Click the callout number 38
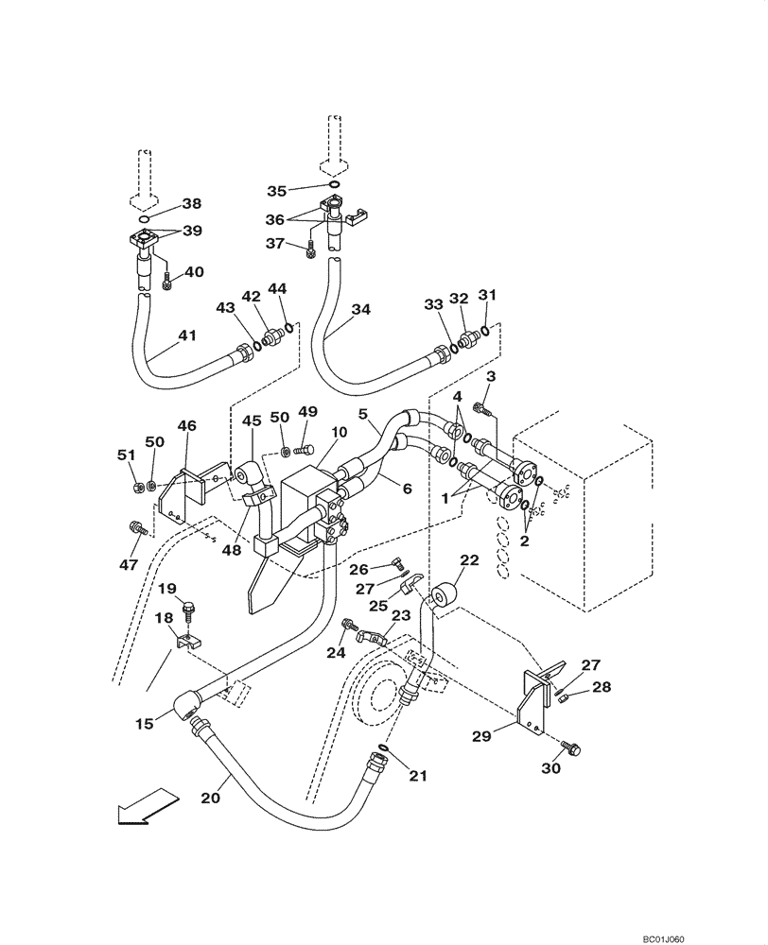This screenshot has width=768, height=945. [192, 203]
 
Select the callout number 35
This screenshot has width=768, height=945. [276, 190]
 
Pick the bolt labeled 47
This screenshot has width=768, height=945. [135, 526]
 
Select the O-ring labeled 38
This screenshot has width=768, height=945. [143, 218]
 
